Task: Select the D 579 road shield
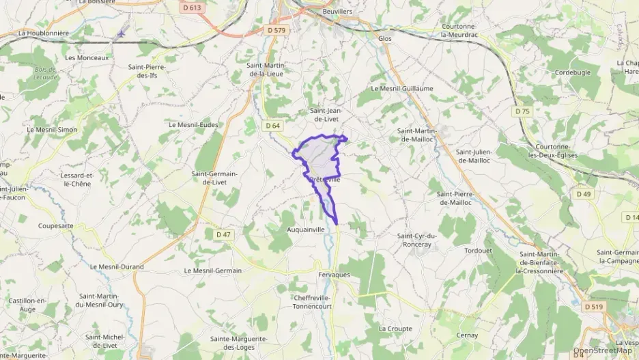click(x=276, y=30)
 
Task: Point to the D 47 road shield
click(x=224, y=234)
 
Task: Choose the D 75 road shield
click(x=522, y=111)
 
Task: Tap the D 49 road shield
click(x=583, y=194)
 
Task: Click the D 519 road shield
click(x=594, y=307)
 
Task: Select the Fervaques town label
click(x=334, y=274)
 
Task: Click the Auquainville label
click(x=306, y=230)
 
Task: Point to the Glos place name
click(x=385, y=39)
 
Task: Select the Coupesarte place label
click(x=56, y=225)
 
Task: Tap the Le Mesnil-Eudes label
click(x=193, y=125)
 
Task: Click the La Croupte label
click(x=395, y=329)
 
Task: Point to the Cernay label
click(x=467, y=335)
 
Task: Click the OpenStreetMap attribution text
click(x=603, y=351)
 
